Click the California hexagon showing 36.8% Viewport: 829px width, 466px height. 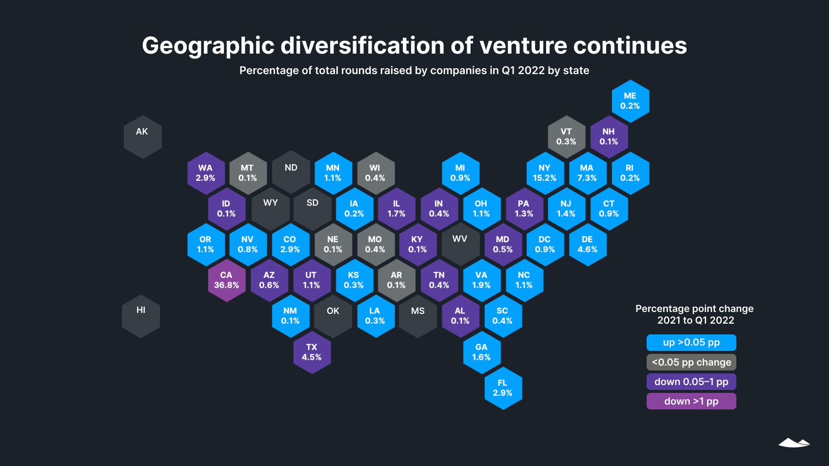tap(226, 280)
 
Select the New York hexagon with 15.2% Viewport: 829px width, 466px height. tap(545, 173)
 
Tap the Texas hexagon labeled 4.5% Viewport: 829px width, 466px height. tap(312, 352)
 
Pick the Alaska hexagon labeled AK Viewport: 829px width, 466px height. tap(142, 137)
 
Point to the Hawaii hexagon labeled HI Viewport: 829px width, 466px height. tap(141, 316)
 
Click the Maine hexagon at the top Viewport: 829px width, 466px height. tap(630, 101)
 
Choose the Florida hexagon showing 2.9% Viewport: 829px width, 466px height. tap(503, 388)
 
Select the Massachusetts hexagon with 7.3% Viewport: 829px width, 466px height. tap(587, 173)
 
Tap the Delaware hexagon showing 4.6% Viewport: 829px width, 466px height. tap(588, 245)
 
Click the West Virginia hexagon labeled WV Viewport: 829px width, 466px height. tap(460, 244)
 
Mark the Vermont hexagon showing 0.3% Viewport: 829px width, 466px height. tap(566, 137)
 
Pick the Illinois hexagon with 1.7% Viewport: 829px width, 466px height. tap(396, 209)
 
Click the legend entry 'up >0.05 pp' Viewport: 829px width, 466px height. tap(691, 343)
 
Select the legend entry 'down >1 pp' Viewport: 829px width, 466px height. tap(691, 401)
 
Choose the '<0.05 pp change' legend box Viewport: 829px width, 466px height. tap(691, 362)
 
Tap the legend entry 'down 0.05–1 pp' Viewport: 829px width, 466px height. tap(691, 382)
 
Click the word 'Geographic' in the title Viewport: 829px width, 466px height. tap(208, 46)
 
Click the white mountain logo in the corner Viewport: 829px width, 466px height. tap(794, 443)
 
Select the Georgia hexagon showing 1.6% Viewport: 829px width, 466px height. tap(481, 352)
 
